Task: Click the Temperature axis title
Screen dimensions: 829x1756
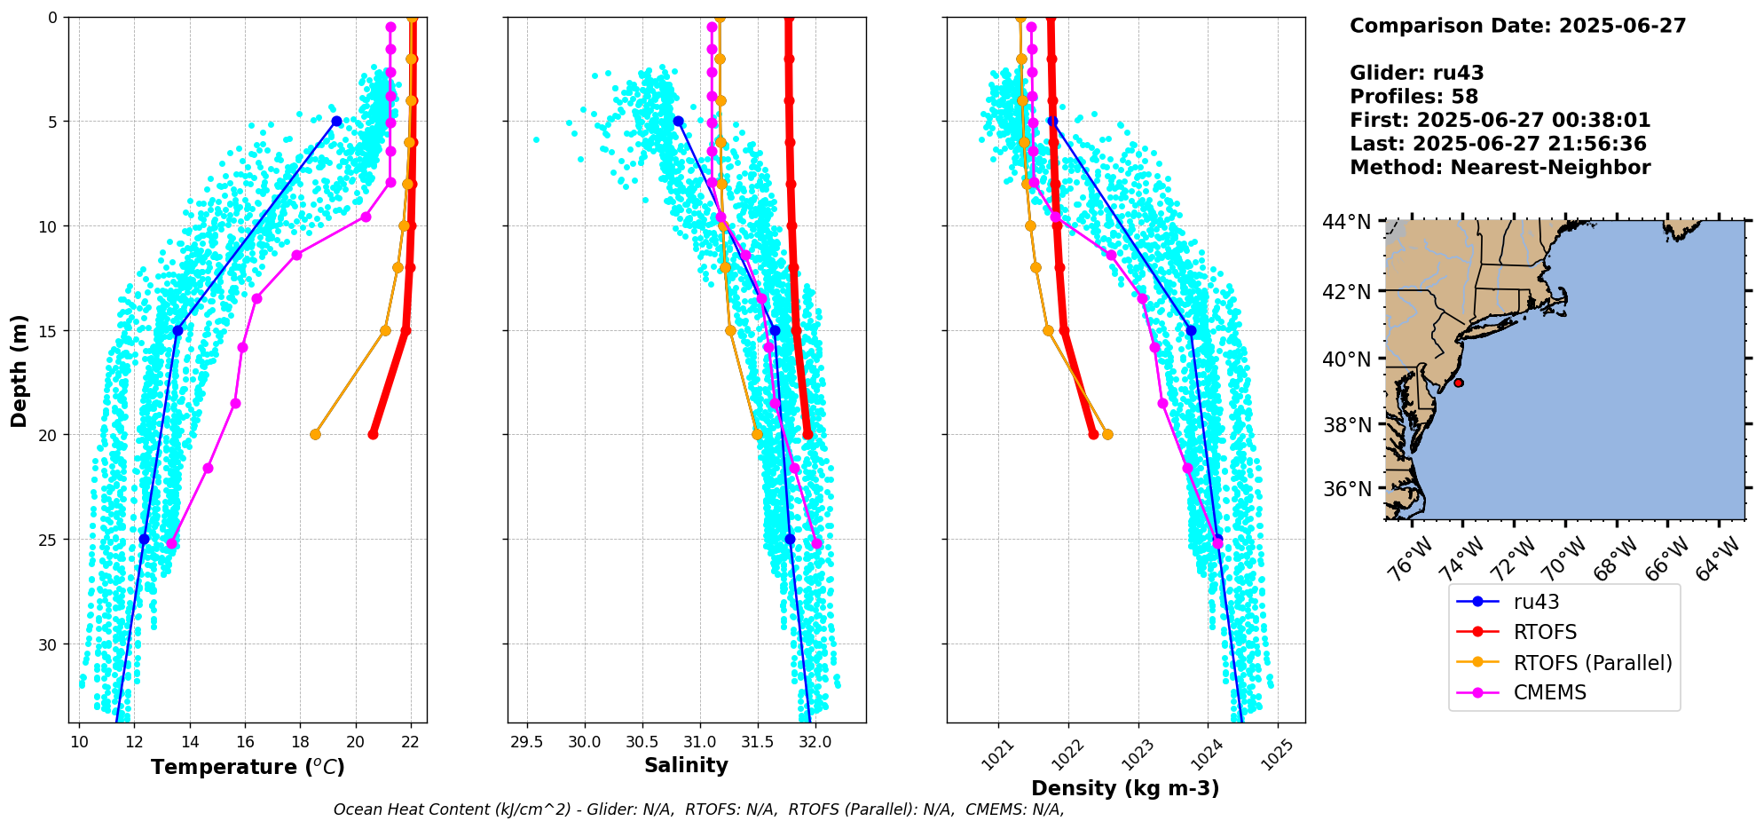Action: tap(248, 767)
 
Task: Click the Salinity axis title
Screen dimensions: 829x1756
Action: tap(686, 765)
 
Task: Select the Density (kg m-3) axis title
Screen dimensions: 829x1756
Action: tap(1125, 788)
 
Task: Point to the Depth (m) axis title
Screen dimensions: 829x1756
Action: tap(20, 370)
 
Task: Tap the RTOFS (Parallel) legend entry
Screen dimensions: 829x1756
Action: tap(1592, 663)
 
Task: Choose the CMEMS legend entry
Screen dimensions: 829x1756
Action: tap(1549, 692)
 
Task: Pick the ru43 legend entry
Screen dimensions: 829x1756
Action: tap(1536, 602)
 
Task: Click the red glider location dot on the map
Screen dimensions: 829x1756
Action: tap(1458, 383)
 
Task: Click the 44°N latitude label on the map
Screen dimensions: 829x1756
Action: tap(1348, 222)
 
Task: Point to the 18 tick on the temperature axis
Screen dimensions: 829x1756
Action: tap(300, 742)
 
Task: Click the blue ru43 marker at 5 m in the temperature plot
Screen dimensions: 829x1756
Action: tap(336, 121)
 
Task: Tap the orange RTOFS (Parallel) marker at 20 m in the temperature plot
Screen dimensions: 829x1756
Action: tap(315, 434)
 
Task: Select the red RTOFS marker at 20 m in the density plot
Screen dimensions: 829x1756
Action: tap(1093, 434)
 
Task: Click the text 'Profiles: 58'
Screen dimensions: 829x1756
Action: tap(1413, 97)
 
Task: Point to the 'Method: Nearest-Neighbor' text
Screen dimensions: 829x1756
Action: tap(1500, 168)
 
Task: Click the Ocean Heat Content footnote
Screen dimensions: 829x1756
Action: tap(698, 809)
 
